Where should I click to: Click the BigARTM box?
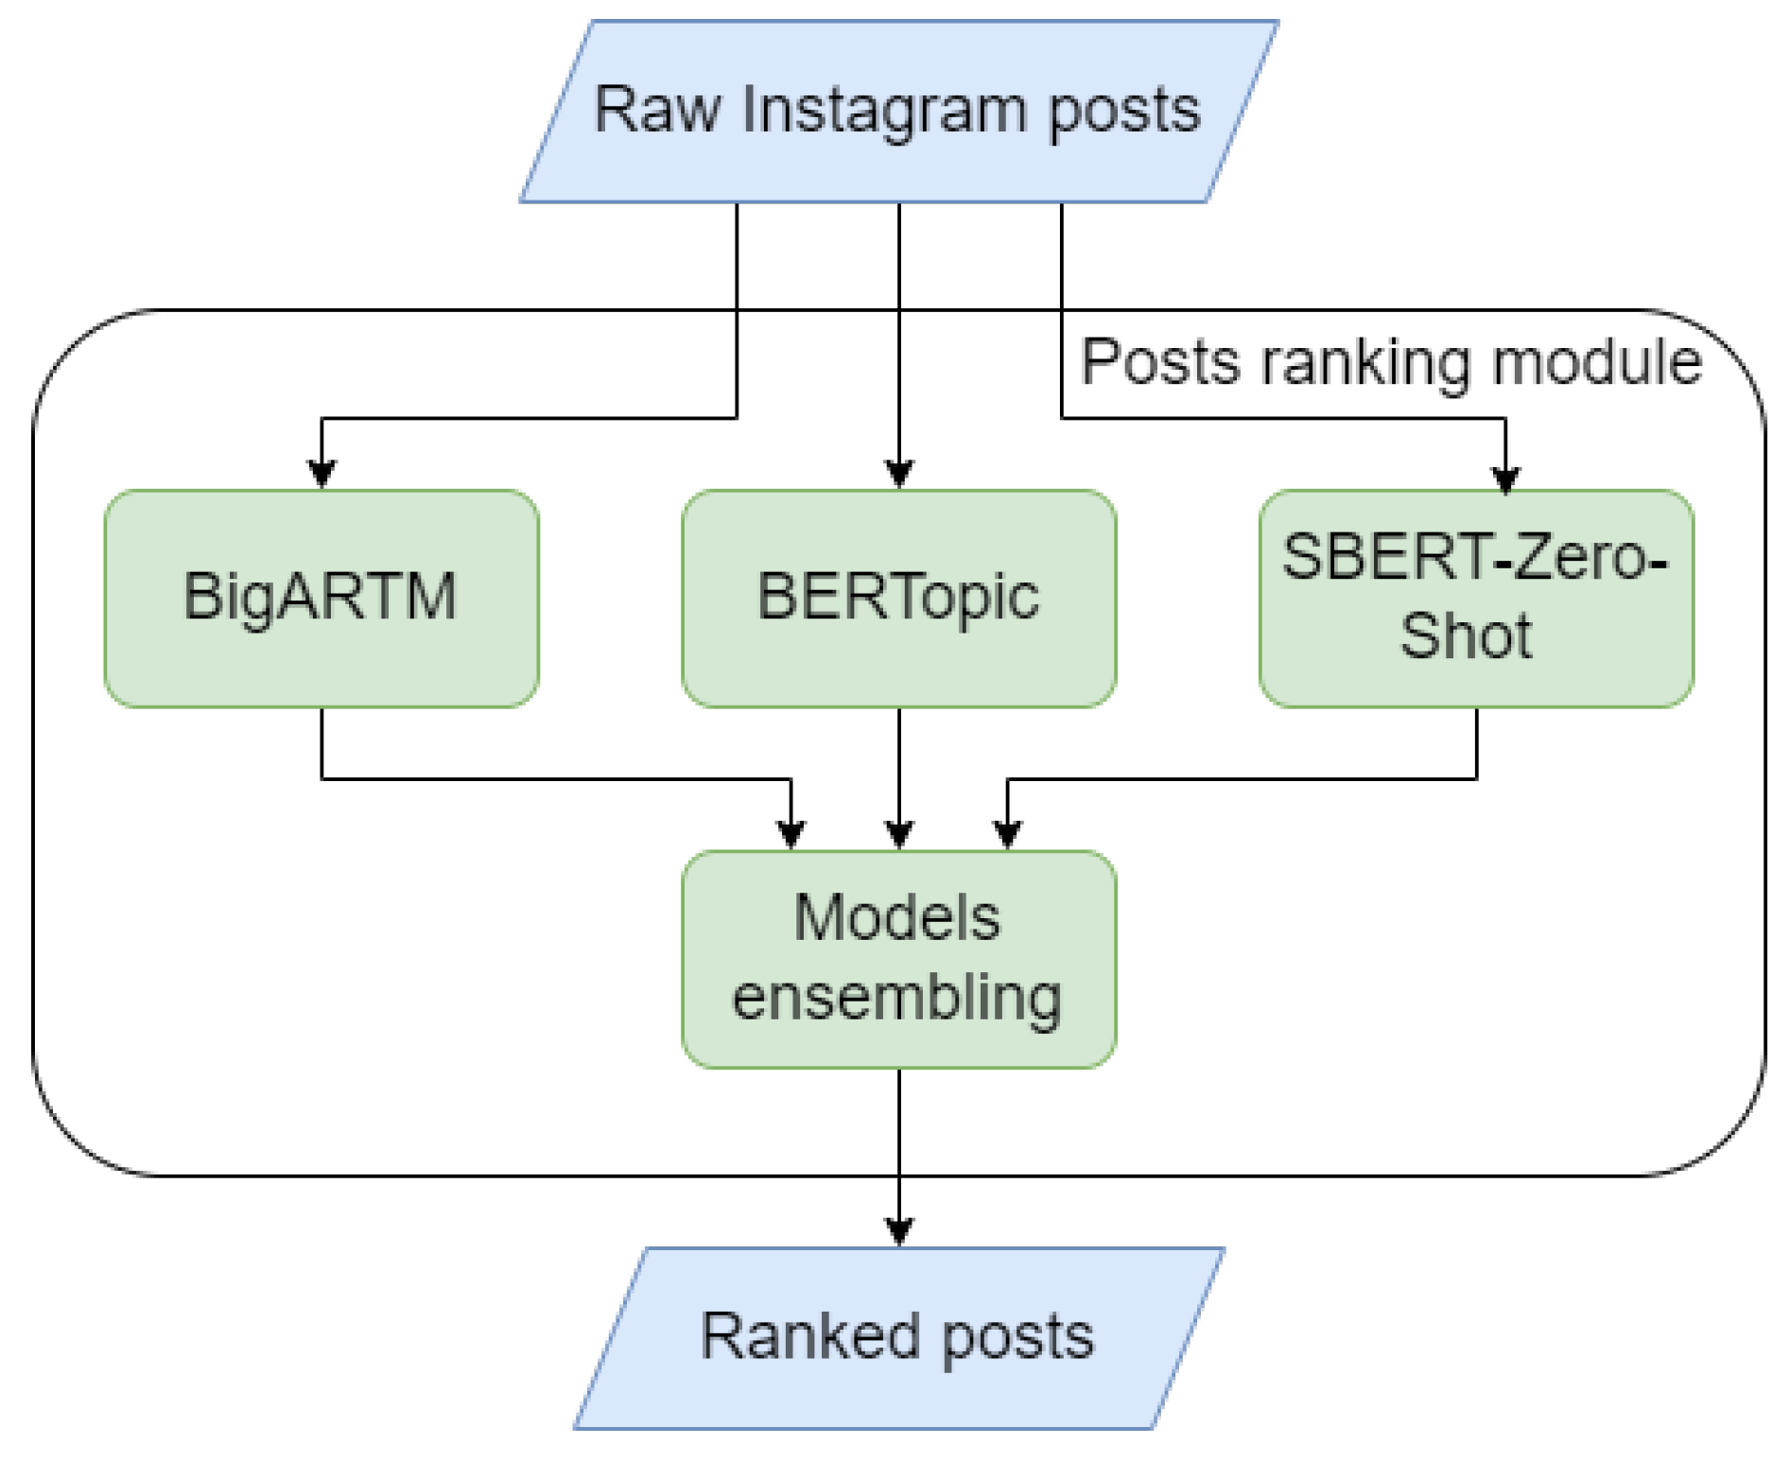(322, 598)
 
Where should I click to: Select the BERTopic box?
(898, 598)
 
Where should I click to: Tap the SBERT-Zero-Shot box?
(1475, 598)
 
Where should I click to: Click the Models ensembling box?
(898, 959)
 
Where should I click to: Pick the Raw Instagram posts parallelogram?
(898, 111)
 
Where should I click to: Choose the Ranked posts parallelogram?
(898, 1337)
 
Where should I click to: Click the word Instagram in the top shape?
(883, 111)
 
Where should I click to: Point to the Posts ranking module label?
(1390, 362)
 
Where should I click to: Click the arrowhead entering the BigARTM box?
(322, 473)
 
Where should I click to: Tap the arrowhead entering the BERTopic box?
(899, 473)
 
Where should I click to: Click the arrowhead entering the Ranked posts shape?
(899, 1230)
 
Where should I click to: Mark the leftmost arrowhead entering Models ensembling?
(791, 834)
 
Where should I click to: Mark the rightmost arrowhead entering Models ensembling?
(1008, 834)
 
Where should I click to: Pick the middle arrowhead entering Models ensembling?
(899, 834)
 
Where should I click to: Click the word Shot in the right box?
(1466, 635)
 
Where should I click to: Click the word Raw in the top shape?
(656, 111)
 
